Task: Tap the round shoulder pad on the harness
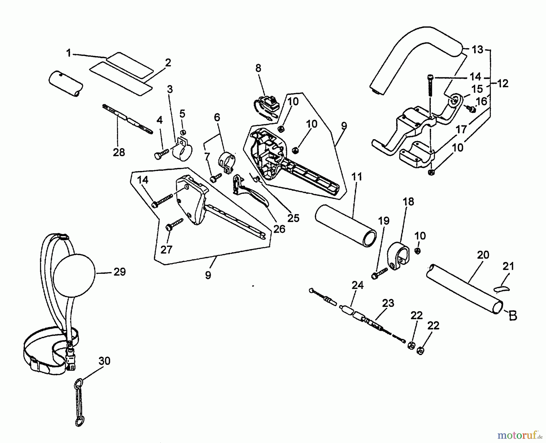[x=74, y=272]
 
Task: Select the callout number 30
[x=104, y=361]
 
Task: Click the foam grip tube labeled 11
[x=346, y=224]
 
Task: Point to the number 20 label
[x=483, y=255]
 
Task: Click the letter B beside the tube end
[x=513, y=316]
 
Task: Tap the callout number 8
[x=258, y=68]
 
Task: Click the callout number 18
[x=409, y=201]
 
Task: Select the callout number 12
[x=503, y=83]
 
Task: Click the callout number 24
[x=358, y=285]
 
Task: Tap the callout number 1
[x=69, y=53]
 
